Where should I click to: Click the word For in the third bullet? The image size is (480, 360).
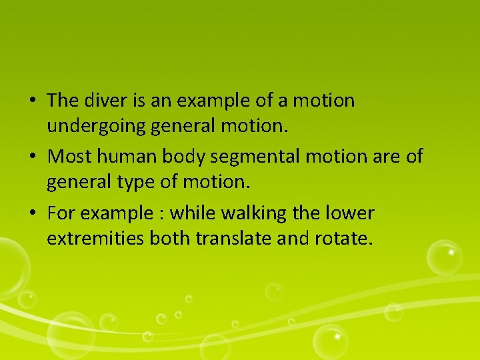coord(61,213)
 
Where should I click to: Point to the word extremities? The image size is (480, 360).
coord(95,237)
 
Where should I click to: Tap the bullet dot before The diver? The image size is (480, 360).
coord(32,101)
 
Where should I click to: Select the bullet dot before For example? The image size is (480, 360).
coord(32,214)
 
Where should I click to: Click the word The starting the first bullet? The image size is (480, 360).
coord(63,101)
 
